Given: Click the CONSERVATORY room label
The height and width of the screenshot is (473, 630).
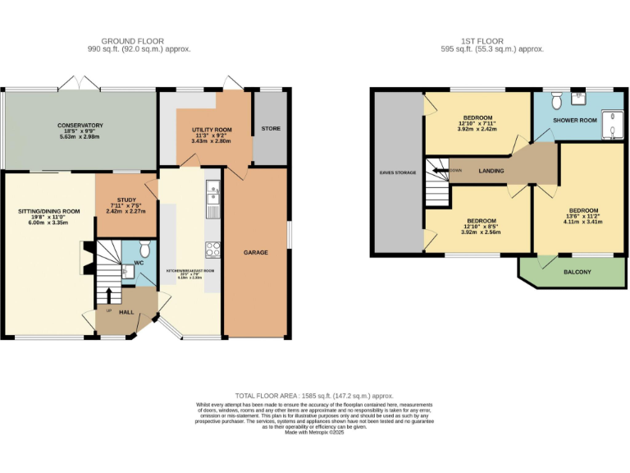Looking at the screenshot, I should pyautogui.click(x=80, y=125).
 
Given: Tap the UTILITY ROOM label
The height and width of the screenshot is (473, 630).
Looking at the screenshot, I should pyautogui.click(x=212, y=130).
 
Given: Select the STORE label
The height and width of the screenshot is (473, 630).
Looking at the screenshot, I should pyautogui.click(x=271, y=129).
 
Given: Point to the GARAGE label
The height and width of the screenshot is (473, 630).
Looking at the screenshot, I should pyautogui.click(x=255, y=252).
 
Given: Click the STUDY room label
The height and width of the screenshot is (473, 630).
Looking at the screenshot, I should pyautogui.click(x=126, y=200).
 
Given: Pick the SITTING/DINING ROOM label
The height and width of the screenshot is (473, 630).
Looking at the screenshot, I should pyautogui.click(x=49, y=212).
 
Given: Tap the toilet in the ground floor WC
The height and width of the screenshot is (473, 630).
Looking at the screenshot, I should pyautogui.click(x=145, y=249).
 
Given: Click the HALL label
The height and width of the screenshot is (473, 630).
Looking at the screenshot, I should pyautogui.click(x=126, y=312).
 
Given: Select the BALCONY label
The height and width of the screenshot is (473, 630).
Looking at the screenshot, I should pyautogui.click(x=577, y=272).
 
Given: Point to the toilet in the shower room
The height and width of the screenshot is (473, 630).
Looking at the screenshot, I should pyautogui.click(x=555, y=100).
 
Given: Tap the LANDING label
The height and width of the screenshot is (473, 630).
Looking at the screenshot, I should pyautogui.click(x=491, y=171).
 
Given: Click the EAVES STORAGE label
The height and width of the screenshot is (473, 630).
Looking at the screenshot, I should pyautogui.click(x=398, y=172).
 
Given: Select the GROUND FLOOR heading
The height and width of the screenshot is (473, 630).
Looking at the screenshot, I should pyautogui.click(x=132, y=40).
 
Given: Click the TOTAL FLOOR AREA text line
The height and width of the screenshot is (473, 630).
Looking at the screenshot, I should pyautogui.click(x=315, y=395).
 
